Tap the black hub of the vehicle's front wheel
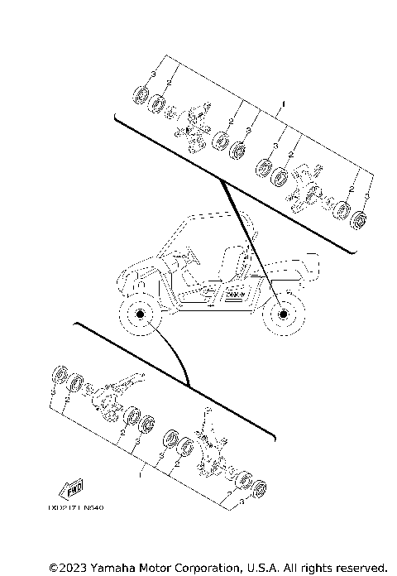click(138, 315)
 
